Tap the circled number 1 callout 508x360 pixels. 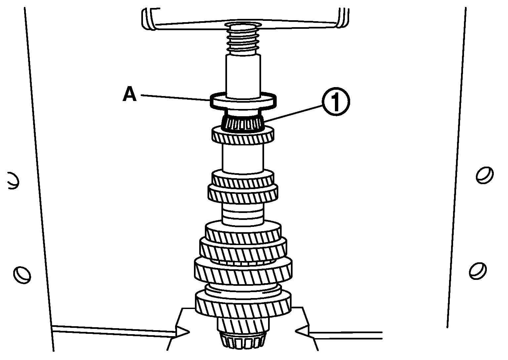[x=336, y=102]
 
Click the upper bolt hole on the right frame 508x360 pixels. [x=485, y=175]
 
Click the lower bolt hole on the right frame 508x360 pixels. [x=477, y=271]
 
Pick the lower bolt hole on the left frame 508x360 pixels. [x=22, y=275]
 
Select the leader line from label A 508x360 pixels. [x=175, y=98]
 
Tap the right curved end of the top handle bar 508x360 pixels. [x=343, y=18]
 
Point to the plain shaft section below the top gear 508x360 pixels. [x=243, y=158]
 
